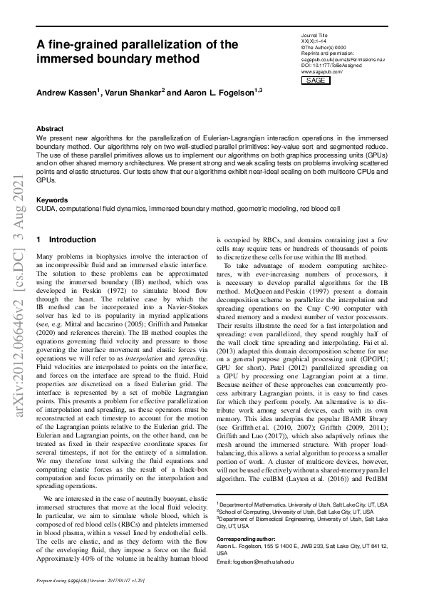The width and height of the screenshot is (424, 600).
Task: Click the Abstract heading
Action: (x=50, y=129)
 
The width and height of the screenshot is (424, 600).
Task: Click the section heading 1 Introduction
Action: (x=66, y=240)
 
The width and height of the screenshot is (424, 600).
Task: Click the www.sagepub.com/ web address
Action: (x=322, y=72)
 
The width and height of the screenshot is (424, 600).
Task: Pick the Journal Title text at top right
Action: (x=316, y=33)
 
